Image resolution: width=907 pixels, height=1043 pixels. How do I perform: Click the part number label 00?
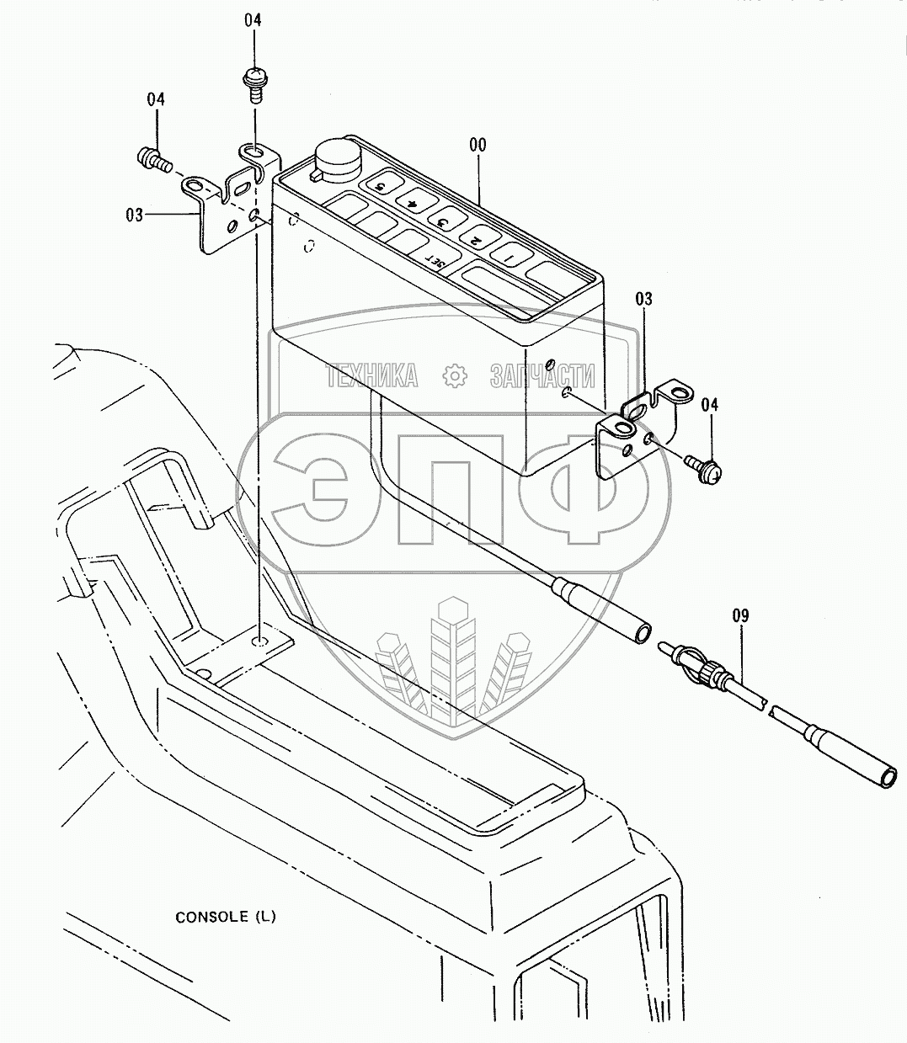(477, 145)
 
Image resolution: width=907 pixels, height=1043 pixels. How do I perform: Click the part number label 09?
(739, 615)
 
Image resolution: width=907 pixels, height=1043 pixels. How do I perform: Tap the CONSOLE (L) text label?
(225, 917)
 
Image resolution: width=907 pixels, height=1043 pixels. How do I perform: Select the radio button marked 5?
(379, 185)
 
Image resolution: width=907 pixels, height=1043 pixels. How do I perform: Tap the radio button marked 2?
(475, 240)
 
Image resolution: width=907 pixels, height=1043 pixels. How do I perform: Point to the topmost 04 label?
(253, 19)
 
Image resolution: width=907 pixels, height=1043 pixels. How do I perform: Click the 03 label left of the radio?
(135, 215)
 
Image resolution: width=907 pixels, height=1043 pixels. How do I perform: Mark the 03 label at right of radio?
(643, 299)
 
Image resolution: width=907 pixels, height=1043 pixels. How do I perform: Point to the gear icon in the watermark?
(454, 375)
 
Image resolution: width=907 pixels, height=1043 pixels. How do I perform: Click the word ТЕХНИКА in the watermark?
(372, 375)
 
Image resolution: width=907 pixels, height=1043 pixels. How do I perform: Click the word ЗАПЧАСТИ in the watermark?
(542, 375)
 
